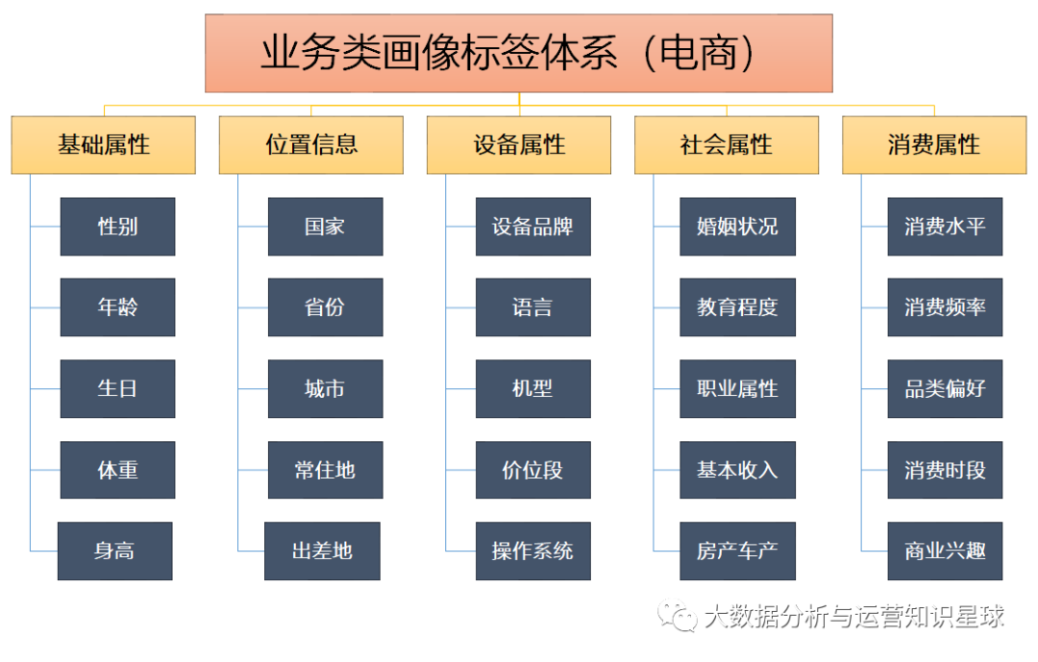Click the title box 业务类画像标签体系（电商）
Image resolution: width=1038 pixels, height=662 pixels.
click(x=518, y=53)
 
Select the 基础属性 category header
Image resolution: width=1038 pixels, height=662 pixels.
click(x=103, y=145)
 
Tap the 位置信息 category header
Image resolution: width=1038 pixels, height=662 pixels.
click(x=311, y=145)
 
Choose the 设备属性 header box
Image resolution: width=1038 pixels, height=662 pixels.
click(x=519, y=145)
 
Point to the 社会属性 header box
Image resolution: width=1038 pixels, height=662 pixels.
click(x=727, y=145)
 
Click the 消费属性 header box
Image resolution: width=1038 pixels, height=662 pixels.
click(x=934, y=145)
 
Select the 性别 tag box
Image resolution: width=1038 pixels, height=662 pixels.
click(x=118, y=227)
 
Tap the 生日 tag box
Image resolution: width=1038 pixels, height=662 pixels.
click(x=118, y=388)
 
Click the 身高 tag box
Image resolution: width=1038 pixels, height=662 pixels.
click(x=115, y=551)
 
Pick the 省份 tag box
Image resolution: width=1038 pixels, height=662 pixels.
click(x=326, y=307)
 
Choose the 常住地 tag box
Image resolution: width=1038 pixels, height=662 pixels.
click(x=326, y=470)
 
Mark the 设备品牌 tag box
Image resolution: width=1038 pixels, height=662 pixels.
click(x=532, y=227)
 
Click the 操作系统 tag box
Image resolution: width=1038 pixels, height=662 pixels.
click(x=532, y=551)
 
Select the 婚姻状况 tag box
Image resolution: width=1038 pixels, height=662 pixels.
click(x=737, y=227)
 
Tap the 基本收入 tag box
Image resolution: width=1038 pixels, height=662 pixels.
click(x=737, y=470)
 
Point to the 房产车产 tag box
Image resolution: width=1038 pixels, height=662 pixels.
click(x=737, y=551)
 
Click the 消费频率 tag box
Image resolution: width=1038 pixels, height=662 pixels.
click(x=946, y=307)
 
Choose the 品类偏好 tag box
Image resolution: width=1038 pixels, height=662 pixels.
click(x=946, y=388)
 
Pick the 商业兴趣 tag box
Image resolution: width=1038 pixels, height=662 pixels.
click(x=946, y=551)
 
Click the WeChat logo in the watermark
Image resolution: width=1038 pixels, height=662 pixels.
click(x=677, y=615)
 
